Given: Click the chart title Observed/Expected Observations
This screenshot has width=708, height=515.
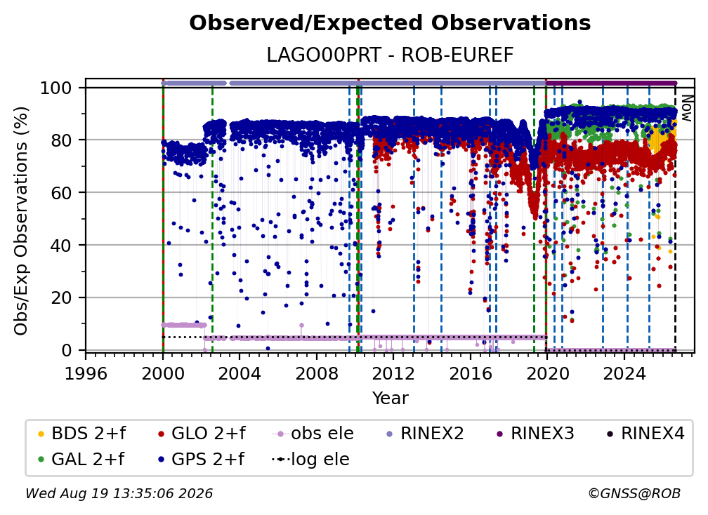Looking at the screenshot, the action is (390, 23).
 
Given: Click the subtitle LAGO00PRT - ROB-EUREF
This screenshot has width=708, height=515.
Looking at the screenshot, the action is (390, 55).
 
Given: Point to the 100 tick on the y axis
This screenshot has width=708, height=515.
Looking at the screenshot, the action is (56, 88).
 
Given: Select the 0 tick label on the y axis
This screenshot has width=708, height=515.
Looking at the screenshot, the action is (67, 350).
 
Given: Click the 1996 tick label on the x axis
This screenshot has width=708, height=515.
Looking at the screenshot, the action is (86, 374).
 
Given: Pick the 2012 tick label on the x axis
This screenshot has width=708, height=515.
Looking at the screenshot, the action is (393, 374).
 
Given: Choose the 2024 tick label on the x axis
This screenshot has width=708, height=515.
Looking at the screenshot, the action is (624, 374).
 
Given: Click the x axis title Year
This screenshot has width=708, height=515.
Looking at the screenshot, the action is (390, 399).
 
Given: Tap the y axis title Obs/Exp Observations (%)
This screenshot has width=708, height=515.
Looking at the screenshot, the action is (21, 221).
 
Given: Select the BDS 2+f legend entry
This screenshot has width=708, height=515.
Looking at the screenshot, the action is (81, 434).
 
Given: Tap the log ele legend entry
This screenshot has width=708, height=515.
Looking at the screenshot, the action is (310, 459).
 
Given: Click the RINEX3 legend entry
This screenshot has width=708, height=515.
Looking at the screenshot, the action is (535, 434).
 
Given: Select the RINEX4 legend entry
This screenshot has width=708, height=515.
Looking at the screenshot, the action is (645, 434).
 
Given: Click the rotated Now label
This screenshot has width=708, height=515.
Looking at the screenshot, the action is (686, 108).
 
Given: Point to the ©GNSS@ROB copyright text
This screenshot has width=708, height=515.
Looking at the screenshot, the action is (634, 493).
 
